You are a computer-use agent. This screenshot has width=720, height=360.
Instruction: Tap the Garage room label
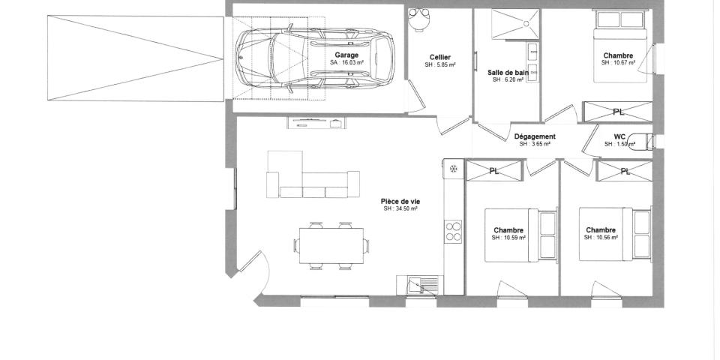pos(346,55)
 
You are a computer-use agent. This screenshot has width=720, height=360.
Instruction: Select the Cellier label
pos(440,57)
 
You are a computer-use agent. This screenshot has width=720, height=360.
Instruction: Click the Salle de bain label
pos(508,72)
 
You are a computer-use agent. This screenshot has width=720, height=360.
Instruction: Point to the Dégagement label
pos(535,136)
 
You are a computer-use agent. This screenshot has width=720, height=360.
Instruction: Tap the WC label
pos(619,136)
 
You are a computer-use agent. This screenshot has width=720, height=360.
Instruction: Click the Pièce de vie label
pos(400,201)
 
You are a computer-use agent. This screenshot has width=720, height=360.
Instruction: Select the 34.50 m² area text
pos(400,208)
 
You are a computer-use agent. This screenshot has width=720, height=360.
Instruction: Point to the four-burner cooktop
pos(453,231)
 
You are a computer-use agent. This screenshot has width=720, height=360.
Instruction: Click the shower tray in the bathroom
pos(515,23)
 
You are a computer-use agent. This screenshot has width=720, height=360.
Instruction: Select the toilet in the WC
pos(640,140)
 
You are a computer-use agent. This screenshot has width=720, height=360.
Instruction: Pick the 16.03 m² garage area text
pos(346,63)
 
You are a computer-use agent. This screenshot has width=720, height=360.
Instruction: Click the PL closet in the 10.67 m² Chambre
pos(616,112)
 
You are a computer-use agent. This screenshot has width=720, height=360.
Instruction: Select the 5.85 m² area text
pos(440,65)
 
